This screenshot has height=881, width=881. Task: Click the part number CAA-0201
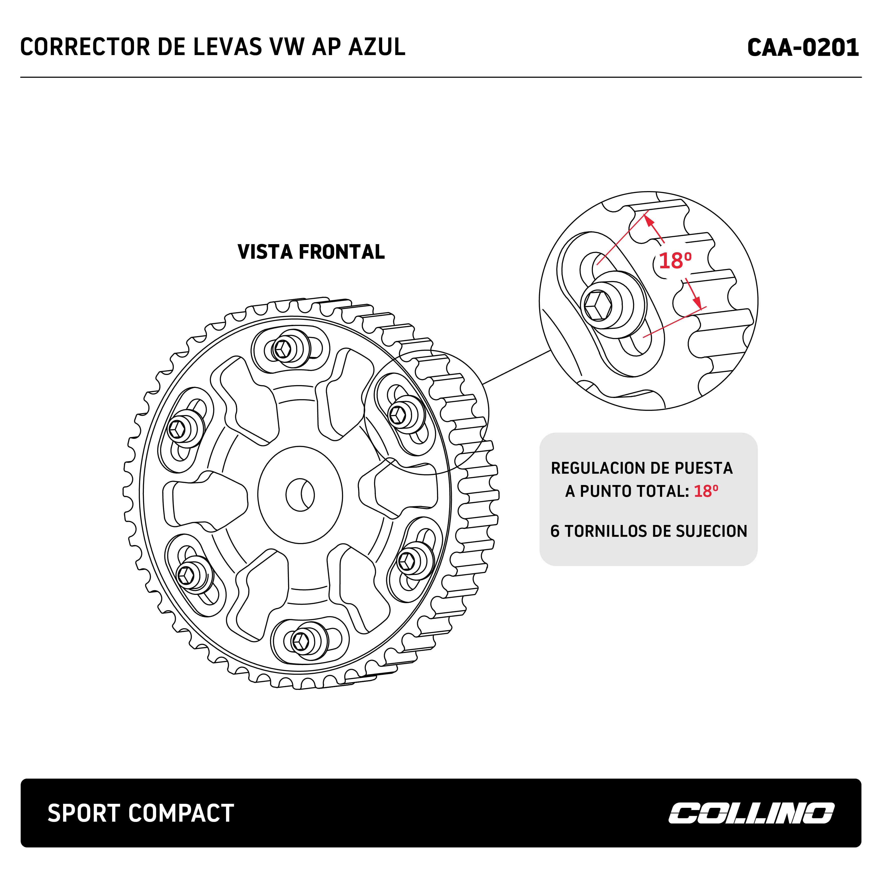[803, 48]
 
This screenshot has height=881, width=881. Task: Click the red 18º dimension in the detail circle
[675, 261]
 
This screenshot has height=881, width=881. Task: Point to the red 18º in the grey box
[706, 491]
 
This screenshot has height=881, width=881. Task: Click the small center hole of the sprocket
[300, 495]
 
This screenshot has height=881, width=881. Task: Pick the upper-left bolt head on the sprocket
[177, 428]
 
